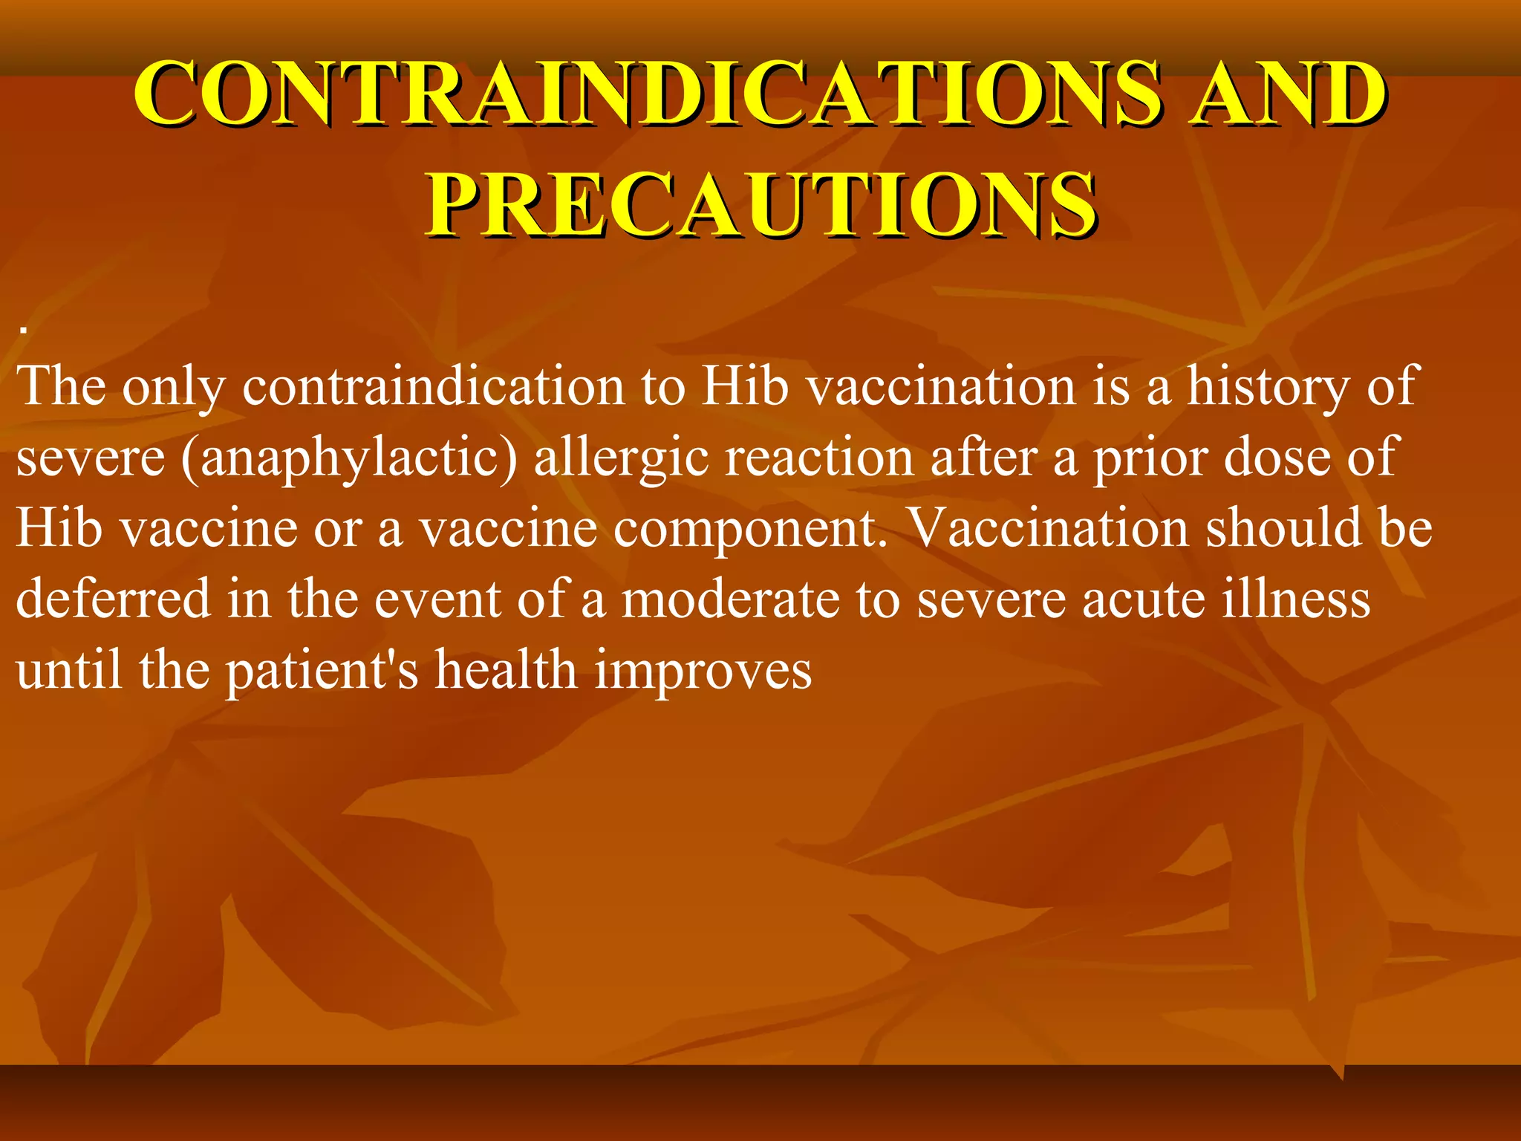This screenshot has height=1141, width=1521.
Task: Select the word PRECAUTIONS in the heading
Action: [760, 204]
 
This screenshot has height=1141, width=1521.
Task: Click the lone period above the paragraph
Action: [25, 330]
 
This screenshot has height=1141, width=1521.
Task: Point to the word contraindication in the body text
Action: [434, 386]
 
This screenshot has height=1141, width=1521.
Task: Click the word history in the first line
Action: [1267, 386]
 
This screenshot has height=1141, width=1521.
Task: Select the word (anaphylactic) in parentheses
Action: [349, 458]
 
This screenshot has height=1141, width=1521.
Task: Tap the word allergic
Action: [621, 458]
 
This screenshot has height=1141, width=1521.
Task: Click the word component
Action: [750, 529]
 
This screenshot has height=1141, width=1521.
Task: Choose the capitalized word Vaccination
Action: [1050, 527]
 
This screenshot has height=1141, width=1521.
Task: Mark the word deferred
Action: [113, 599]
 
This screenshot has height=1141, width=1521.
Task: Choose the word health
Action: [505, 670]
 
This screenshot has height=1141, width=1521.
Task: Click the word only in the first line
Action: [173, 386]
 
